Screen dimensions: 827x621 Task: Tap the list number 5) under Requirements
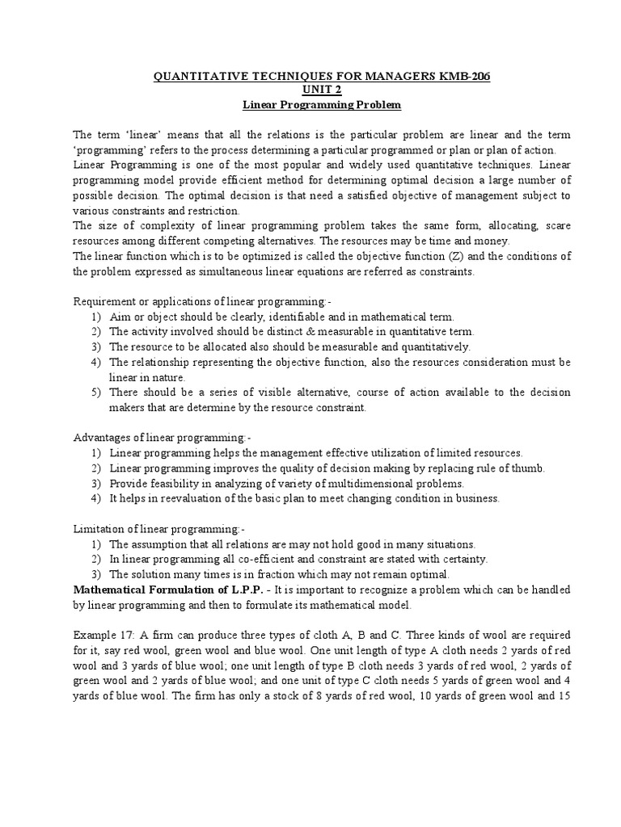(95, 393)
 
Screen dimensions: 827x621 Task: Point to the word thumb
(530, 468)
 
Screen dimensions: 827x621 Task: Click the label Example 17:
(103, 635)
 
